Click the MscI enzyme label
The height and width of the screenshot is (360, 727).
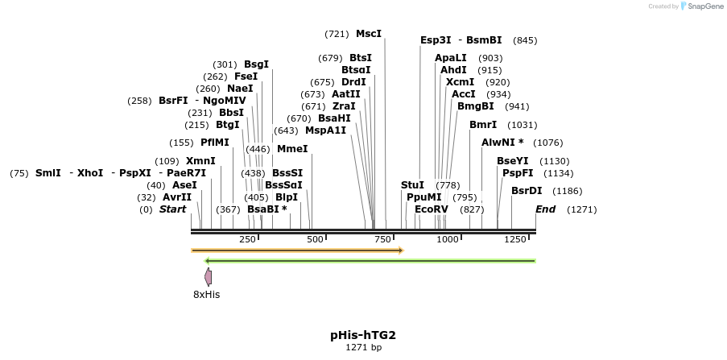pyautogui.click(x=368, y=34)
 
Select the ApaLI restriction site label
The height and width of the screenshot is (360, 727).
pyautogui.click(x=450, y=58)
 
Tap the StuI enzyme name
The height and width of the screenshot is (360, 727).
pyautogui.click(x=412, y=184)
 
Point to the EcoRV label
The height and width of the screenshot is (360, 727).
pyautogui.click(x=431, y=209)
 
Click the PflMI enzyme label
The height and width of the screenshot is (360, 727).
pyautogui.click(x=215, y=142)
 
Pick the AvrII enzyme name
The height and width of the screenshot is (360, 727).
pyautogui.click(x=177, y=197)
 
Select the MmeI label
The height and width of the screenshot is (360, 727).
pyautogui.click(x=292, y=148)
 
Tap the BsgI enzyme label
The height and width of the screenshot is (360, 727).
pyautogui.click(x=256, y=64)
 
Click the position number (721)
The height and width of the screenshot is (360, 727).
pyautogui.click(x=337, y=34)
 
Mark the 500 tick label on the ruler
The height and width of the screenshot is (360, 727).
pyautogui.click(x=315, y=239)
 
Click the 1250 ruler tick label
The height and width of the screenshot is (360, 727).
pyautogui.click(x=514, y=239)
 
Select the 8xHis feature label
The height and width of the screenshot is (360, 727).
pyautogui.click(x=206, y=294)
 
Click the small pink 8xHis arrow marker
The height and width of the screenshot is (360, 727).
pyautogui.click(x=209, y=277)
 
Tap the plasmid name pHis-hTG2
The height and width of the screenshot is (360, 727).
pyautogui.click(x=362, y=334)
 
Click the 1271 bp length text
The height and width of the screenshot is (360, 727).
pyautogui.click(x=362, y=348)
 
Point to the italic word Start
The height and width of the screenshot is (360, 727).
pyautogui.click(x=172, y=209)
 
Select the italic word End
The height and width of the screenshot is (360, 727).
pyautogui.click(x=545, y=209)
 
